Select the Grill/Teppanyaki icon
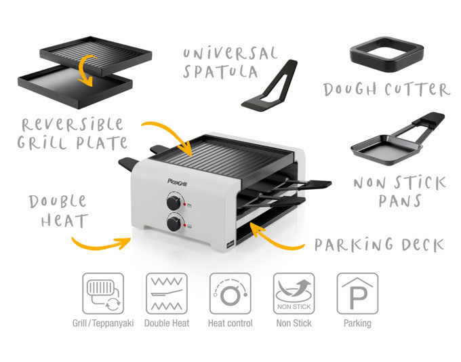103,294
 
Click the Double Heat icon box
167,294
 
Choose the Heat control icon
230,294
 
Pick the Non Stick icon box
294,294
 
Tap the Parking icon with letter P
357,294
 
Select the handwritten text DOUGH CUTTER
386,89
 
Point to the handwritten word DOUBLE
57,201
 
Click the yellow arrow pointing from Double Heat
100,242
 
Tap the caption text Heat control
230,323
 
